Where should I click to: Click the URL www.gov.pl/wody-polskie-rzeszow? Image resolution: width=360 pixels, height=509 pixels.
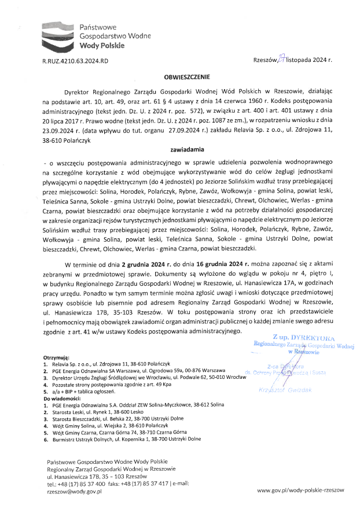300,490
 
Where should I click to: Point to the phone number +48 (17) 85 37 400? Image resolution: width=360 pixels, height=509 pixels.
81,483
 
